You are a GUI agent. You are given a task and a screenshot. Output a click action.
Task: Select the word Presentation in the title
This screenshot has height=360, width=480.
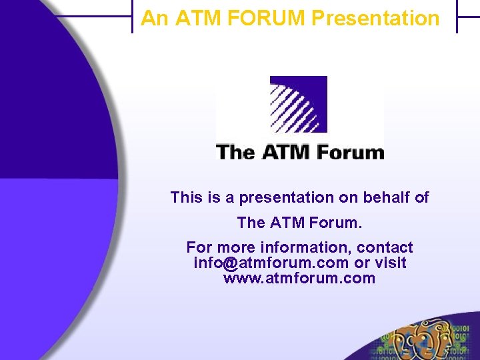[x=375, y=18]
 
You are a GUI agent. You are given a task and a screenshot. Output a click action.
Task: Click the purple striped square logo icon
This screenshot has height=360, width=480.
[x=298, y=104]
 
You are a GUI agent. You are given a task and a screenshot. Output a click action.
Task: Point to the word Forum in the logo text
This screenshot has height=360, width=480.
[x=351, y=152]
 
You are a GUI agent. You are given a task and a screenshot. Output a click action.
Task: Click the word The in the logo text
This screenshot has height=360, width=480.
[x=235, y=152]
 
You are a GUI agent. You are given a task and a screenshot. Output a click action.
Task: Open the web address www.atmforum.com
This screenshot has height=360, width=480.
[x=299, y=278]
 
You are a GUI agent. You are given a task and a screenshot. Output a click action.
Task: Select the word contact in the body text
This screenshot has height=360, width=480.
[x=385, y=247]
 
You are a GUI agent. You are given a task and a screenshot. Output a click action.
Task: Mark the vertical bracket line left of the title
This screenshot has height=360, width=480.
[x=133, y=17]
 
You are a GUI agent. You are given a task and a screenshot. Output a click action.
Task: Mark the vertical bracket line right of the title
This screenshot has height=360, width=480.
[x=457, y=17]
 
